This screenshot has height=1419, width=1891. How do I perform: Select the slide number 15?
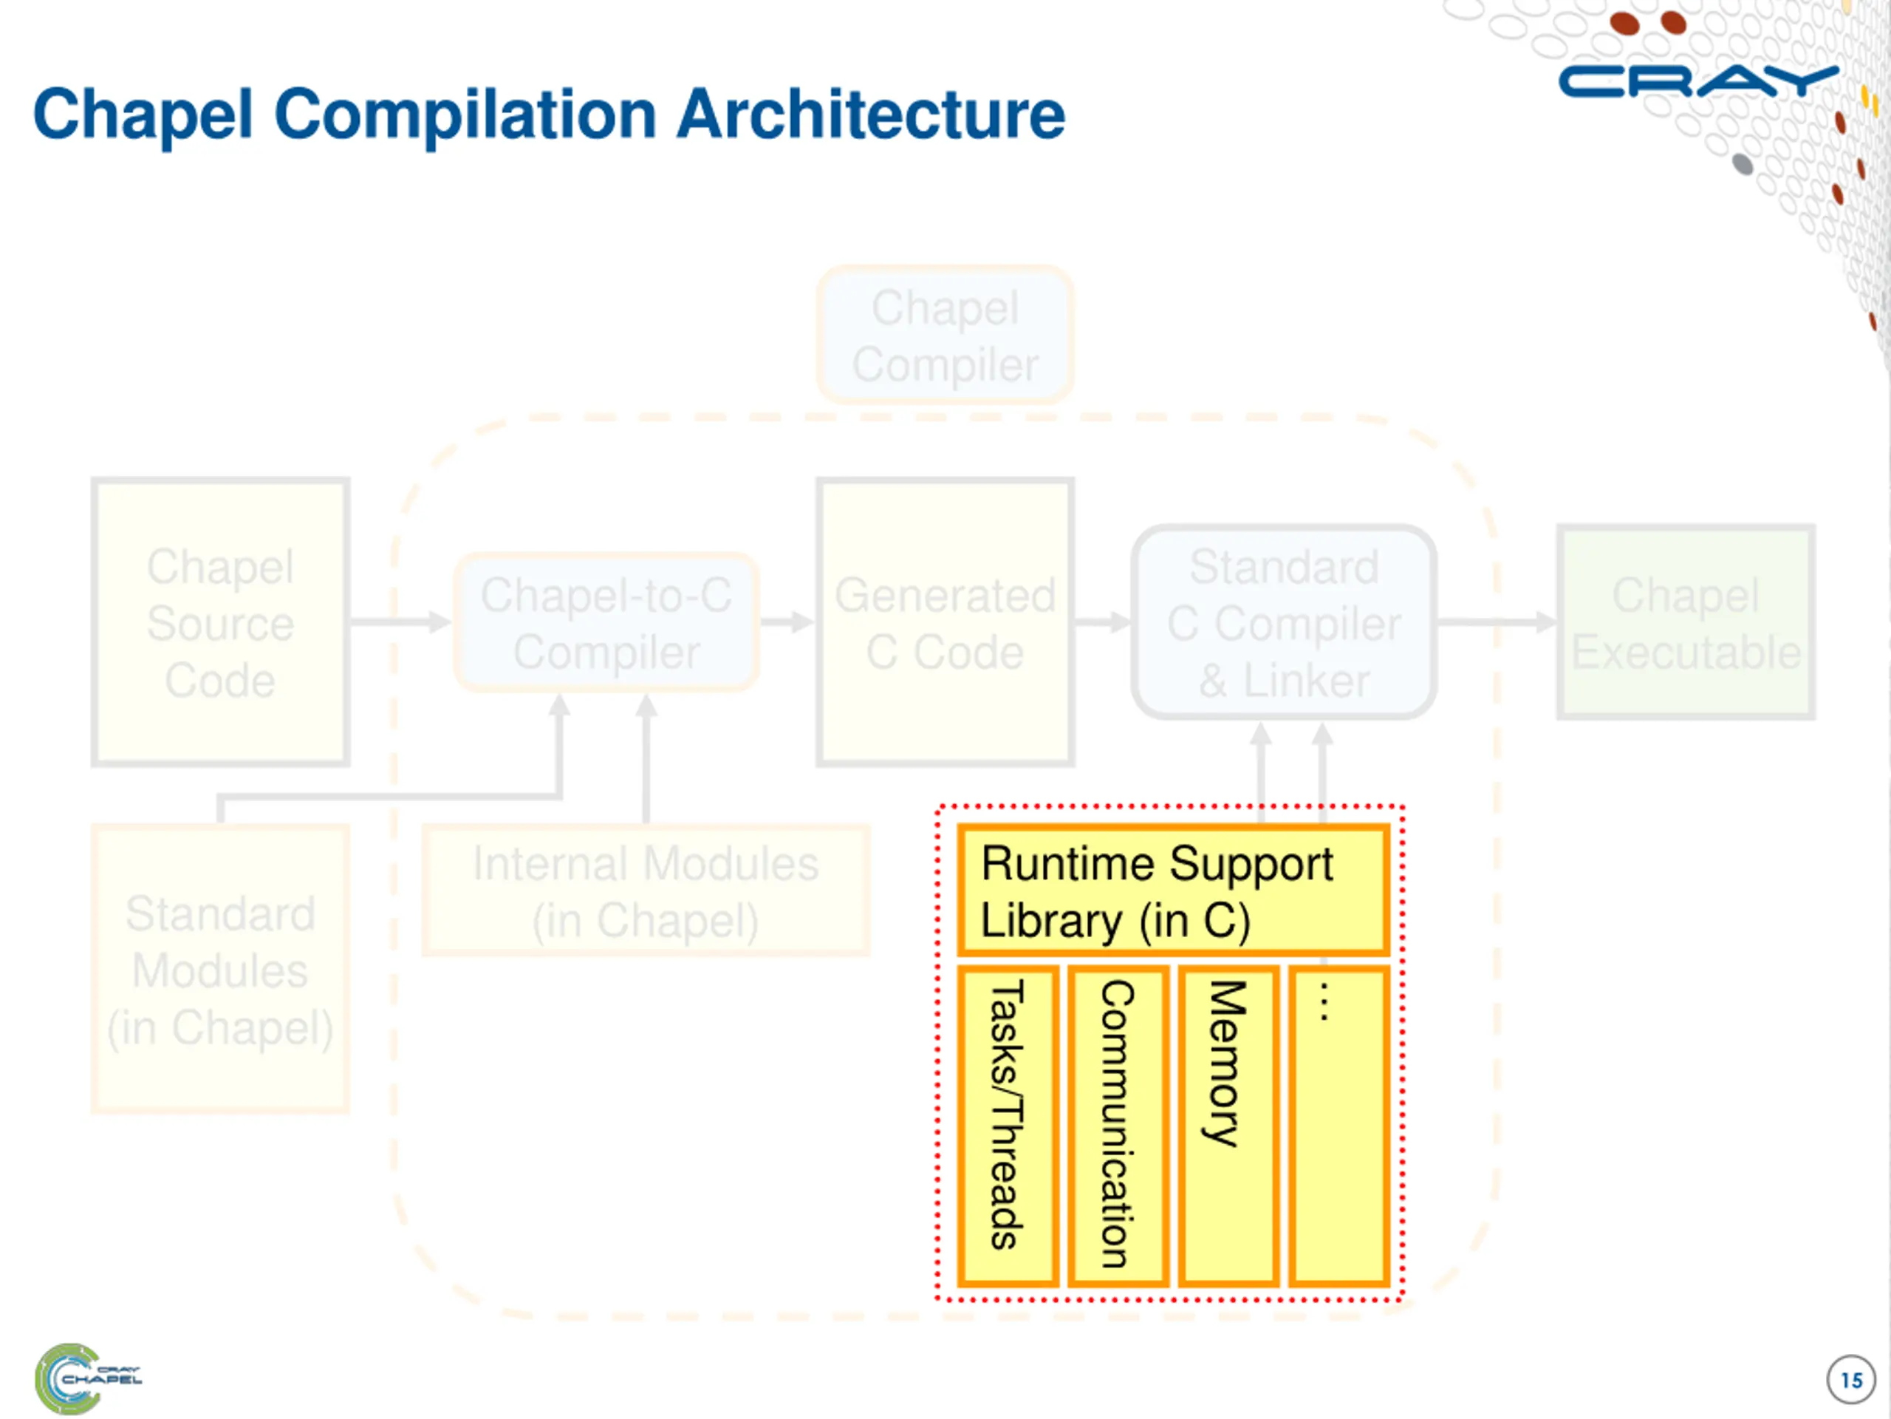(x=1851, y=1380)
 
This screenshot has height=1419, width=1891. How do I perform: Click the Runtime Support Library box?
(x=1173, y=891)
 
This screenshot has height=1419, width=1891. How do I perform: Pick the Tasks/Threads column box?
(x=1008, y=1126)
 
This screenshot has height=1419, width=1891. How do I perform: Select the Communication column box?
(x=1118, y=1126)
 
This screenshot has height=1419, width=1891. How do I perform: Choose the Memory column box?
(x=1228, y=1126)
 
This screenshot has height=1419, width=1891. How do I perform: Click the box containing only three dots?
(x=1338, y=1126)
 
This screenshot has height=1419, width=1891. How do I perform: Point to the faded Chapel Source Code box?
(x=221, y=622)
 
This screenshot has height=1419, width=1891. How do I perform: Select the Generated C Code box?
(x=945, y=622)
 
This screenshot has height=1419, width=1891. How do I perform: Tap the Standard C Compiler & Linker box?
(x=1284, y=622)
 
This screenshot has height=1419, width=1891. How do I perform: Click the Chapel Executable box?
(x=1686, y=622)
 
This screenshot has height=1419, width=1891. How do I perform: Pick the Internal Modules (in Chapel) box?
(x=646, y=891)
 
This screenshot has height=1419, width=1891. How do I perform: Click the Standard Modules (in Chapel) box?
(x=221, y=969)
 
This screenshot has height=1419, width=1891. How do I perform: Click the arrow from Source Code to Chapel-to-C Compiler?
(x=400, y=622)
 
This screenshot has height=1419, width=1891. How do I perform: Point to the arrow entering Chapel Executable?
(x=1497, y=622)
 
